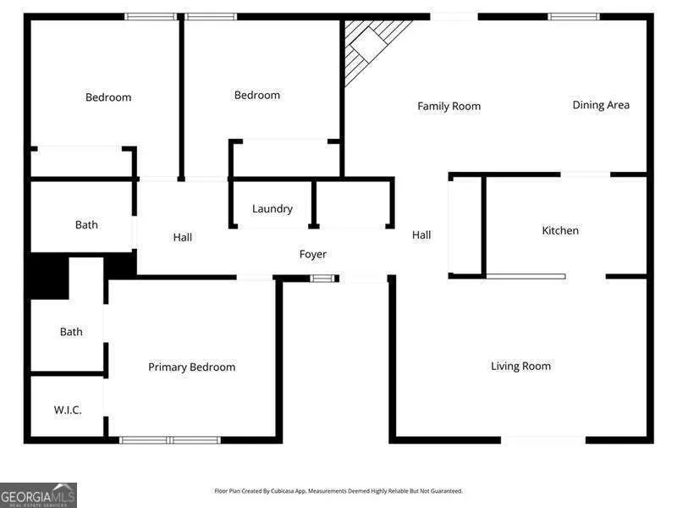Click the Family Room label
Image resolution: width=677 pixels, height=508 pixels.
pos(449,107)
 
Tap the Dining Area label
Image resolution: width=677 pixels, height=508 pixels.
pos(601,105)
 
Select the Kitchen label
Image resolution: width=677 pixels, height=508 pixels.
pos(560,230)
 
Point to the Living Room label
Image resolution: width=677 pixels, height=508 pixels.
pos(520,367)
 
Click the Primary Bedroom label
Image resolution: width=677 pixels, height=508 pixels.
pos(192,367)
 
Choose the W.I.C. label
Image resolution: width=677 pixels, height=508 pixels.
pos(68,410)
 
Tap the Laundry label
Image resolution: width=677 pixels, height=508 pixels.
pos(272,209)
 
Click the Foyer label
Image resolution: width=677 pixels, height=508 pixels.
pos(313,255)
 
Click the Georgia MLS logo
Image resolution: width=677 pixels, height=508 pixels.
pos(38,495)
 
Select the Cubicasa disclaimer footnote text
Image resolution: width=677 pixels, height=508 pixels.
pos(338,491)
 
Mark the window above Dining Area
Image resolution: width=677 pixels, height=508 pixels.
pos(574,17)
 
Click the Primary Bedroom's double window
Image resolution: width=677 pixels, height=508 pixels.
pos(170,440)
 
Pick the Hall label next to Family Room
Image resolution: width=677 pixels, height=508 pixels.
pos(421,235)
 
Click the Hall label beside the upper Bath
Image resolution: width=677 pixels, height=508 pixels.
pos(183,237)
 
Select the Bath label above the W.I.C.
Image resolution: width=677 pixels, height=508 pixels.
pos(71,332)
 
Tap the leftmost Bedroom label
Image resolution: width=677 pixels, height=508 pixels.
pos(108,97)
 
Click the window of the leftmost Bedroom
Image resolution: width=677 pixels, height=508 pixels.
pos(151,17)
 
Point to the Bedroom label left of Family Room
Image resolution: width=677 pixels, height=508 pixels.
pos(257,95)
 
